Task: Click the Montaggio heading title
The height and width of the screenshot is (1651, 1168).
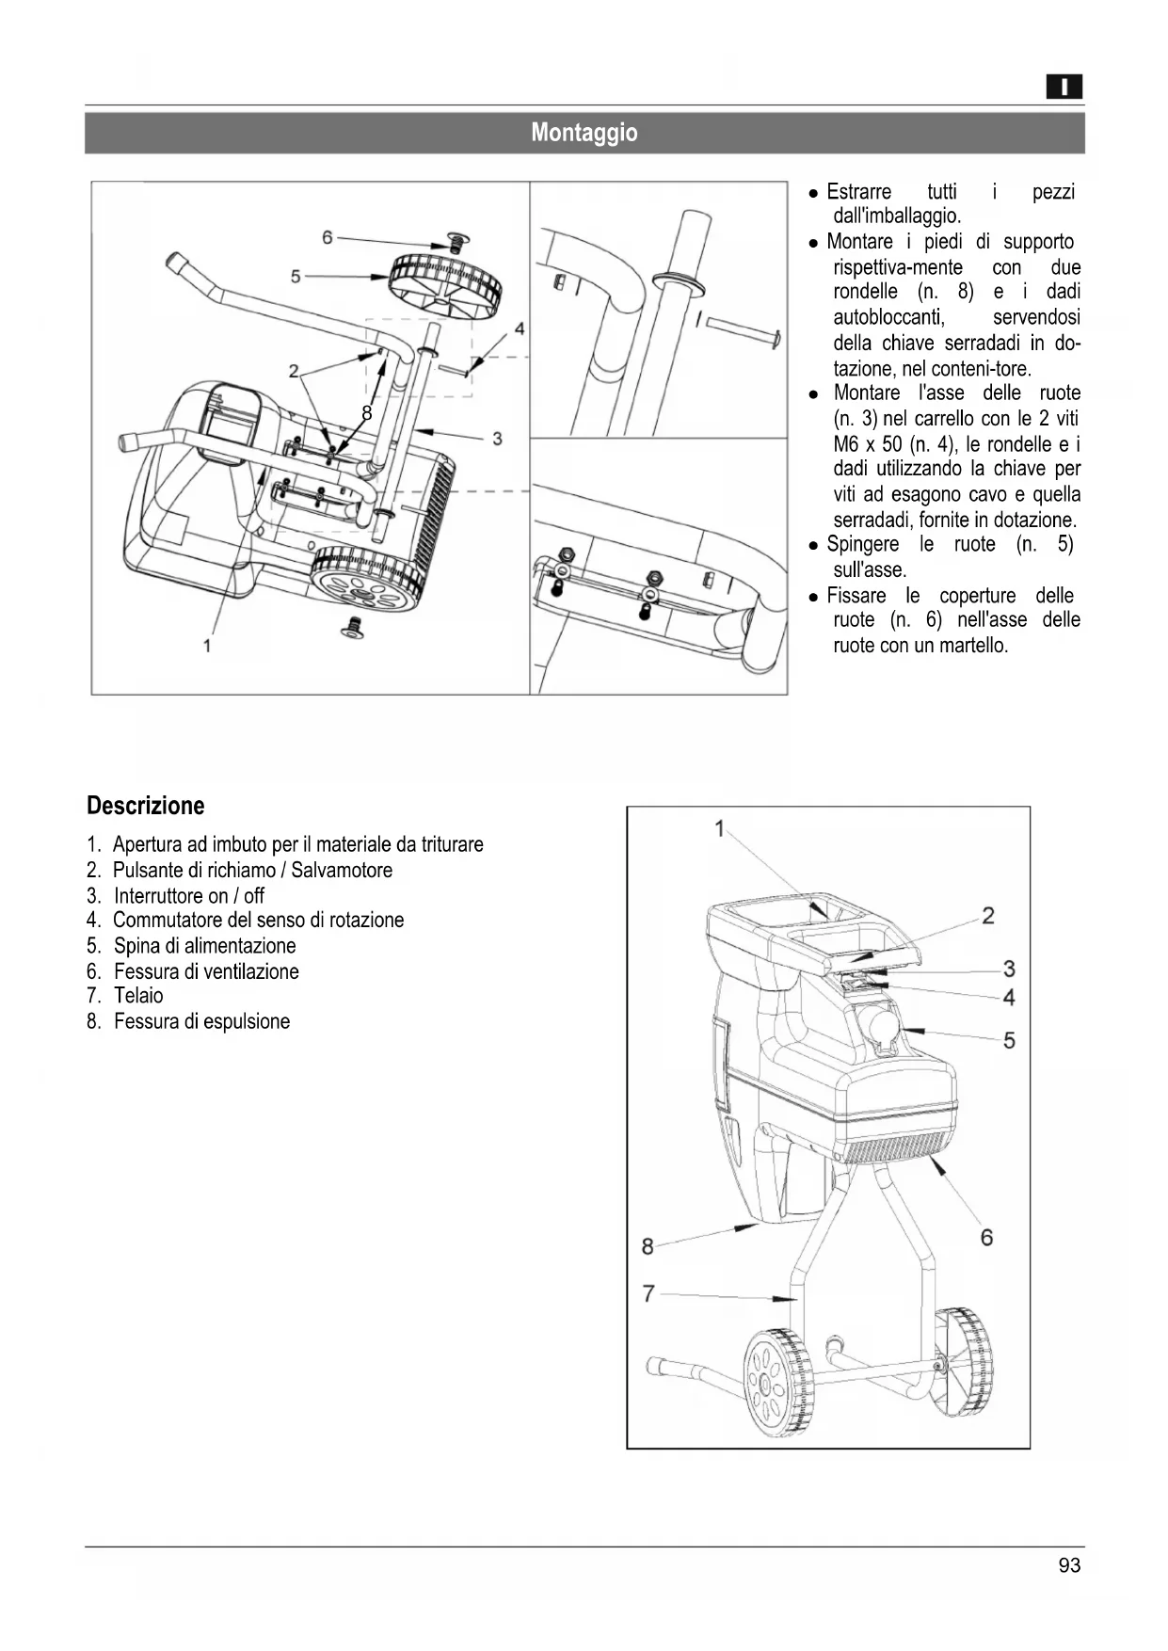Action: tap(584, 133)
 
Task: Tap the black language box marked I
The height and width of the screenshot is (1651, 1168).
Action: tap(1064, 88)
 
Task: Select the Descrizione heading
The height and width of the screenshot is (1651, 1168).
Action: tap(145, 806)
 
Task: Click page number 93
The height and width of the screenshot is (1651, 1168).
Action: tap(1069, 1565)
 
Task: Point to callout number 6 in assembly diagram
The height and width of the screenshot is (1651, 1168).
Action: tap(328, 237)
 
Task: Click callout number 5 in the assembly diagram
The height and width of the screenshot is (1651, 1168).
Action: tap(296, 276)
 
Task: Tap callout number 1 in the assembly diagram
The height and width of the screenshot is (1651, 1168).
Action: tap(207, 645)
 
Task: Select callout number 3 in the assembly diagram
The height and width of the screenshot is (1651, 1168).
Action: tap(497, 439)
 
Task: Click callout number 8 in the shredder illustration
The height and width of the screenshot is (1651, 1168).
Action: tap(648, 1246)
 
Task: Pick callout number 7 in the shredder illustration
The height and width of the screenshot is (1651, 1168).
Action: tap(648, 1294)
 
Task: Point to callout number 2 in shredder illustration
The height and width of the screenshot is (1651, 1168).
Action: tap(988, 915)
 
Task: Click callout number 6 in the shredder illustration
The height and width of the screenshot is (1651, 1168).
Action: tap(986, 1237)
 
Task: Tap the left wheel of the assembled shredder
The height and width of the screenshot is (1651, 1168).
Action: tap(777, 1383)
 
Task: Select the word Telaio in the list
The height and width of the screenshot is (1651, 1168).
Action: tap(138, 996)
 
